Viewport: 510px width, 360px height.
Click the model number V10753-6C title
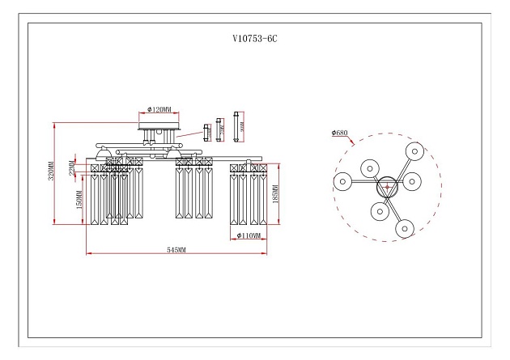point(255,38)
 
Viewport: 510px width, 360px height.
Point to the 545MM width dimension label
point(176,251)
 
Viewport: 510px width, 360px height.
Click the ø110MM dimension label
point(249,235)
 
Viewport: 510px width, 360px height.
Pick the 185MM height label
point(277,194)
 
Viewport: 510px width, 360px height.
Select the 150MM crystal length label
point(79,199)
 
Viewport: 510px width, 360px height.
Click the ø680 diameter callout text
point(340,132)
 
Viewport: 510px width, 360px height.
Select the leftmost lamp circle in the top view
point(342,181)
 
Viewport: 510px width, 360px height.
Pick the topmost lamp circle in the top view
point(415,150)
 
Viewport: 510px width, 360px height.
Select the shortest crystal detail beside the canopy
point(206,129)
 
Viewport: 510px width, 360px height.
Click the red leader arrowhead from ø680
point(355,143)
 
